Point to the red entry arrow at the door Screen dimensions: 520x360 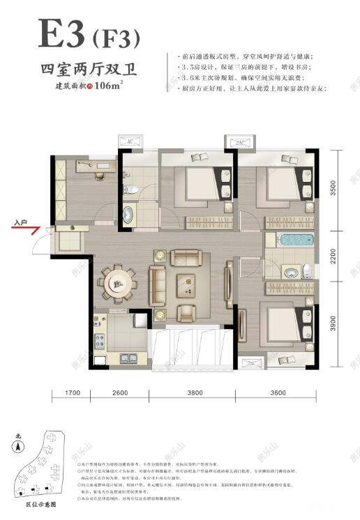tap(36, 231)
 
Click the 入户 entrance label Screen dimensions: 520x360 tap(20, 224)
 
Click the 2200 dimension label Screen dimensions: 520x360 tap(333, 257)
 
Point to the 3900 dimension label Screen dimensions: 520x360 tap(333, 322)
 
